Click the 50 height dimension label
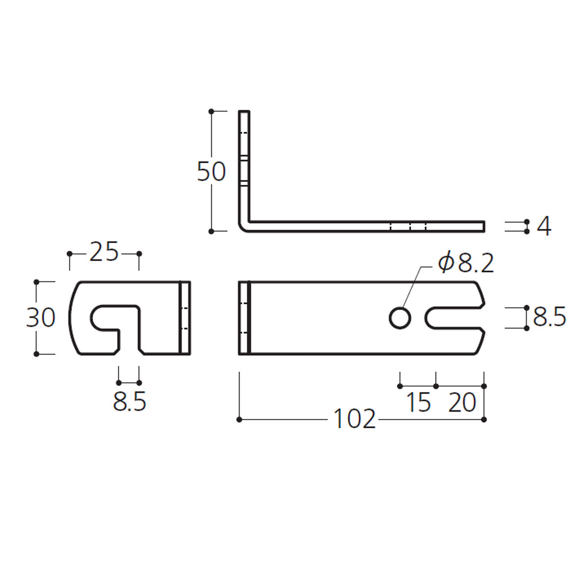211,171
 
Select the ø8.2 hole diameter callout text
465,264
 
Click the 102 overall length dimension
355,419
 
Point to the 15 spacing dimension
419,402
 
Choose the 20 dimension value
462,402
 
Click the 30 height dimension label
41,318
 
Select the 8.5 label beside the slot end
549,317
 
